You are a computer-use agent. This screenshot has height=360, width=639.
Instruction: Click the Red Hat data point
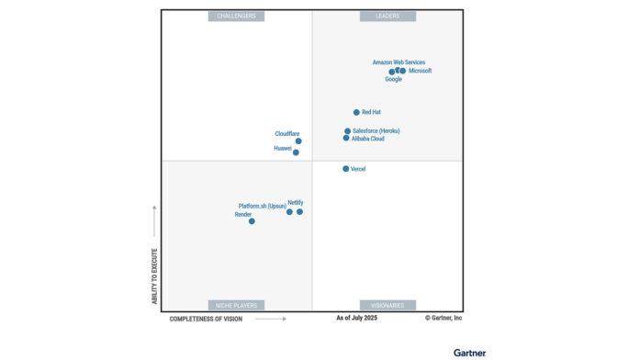click(356, 112)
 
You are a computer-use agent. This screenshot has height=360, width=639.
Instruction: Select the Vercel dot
click(345, 169)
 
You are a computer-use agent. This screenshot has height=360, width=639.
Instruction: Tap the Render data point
click(252, 220)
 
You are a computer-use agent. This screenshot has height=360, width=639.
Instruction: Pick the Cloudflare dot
click(298, 141)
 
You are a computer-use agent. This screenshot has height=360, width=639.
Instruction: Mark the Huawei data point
click(296, 152)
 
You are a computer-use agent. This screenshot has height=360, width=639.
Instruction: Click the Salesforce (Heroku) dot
click(347, 131)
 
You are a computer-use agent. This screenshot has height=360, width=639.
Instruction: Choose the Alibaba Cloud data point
click(346, 139)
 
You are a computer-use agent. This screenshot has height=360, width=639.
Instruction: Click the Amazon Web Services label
click(398, 62)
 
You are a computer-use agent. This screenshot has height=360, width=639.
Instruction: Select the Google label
click(393, 79)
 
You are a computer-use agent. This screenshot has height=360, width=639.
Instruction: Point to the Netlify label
click(296, 202)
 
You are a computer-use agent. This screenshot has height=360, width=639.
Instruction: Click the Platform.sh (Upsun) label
click(262, 206)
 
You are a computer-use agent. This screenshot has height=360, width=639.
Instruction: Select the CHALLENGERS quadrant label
click(237, 16)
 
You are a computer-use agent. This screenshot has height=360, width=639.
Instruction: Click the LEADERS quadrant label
click(387, 16)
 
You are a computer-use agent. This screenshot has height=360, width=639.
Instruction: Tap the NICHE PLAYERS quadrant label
click(237, 305)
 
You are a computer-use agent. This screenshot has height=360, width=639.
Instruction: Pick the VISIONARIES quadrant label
click(387, 305)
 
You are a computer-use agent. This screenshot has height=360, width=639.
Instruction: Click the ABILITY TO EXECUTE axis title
click(154, 276)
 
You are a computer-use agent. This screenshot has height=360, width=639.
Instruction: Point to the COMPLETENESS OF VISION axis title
click(206, 319)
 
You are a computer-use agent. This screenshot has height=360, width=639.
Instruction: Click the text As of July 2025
click(356, 318)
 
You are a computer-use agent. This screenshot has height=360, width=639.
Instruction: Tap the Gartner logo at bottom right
click(469, 352)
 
